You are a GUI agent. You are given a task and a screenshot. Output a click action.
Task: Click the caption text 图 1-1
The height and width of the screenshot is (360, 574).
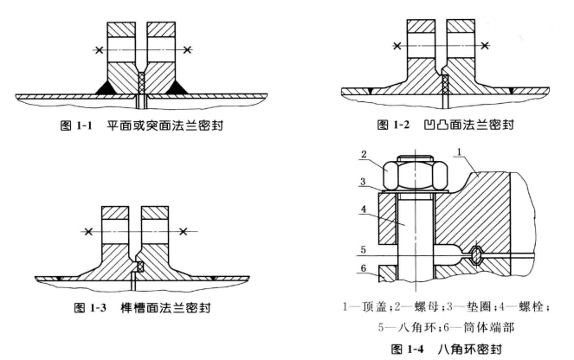click(76, 125)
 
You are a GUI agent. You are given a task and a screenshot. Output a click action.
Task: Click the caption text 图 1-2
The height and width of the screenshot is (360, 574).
click(393, 125)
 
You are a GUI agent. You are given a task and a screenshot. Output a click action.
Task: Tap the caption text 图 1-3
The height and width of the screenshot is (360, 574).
click(90, 308)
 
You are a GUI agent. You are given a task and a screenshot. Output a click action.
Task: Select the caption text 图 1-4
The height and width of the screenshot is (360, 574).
click(407, 349)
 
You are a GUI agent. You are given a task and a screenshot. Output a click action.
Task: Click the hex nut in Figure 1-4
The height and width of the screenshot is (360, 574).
click(415, 175)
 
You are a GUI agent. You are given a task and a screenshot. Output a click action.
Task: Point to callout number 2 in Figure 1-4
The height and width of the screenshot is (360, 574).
click(364, 154)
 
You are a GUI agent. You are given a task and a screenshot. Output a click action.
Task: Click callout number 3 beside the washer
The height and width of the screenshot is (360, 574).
click(363, 182)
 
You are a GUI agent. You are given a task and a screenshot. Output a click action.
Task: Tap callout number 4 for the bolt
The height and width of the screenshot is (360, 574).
click(363, 209)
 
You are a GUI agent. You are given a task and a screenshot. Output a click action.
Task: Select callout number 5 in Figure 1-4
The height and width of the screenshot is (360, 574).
click(363, 249)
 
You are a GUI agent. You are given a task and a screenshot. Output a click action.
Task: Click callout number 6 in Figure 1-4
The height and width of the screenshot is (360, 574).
click(363, 268)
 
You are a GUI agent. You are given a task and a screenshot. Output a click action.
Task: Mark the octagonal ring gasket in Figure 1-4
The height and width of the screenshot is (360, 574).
click(475, 254)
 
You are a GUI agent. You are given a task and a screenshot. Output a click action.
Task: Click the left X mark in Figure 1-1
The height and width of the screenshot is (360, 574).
click(99, 49)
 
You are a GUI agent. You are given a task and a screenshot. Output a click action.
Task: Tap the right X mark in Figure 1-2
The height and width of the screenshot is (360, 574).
click(485, 45)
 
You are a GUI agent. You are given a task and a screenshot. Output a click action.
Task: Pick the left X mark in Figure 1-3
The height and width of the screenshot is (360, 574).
click(88, 232)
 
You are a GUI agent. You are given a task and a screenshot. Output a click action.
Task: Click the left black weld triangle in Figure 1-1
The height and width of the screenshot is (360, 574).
click(106, 87)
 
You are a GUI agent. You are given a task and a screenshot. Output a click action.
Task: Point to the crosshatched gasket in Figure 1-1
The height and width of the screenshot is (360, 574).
click(142, 82)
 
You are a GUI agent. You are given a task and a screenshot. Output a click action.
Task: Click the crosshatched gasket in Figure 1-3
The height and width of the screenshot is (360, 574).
click(139, 267)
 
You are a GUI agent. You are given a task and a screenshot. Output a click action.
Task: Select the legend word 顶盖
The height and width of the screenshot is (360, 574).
click(374, 306)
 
